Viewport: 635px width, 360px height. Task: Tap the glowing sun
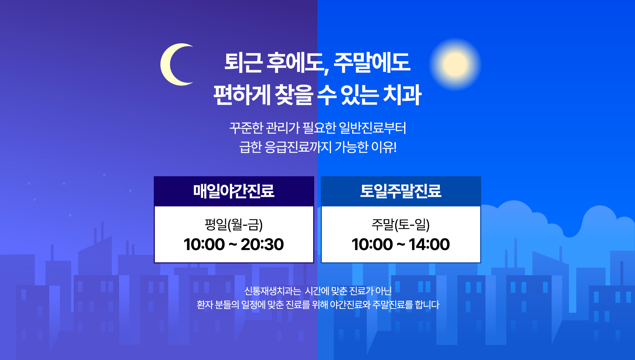click(x=455, y=64)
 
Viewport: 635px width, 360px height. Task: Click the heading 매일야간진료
click(x=234, y=191)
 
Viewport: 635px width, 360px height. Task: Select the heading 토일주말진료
click(x=401, y=191)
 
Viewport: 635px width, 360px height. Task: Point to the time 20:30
click(x=262, y=244)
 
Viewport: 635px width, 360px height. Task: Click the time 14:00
click(x=429, y=244)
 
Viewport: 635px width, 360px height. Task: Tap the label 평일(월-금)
click(x=234, y=224)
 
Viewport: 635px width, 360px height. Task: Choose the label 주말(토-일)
click(x=401, y=224)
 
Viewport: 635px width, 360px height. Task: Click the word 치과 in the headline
click(x=402, y=95)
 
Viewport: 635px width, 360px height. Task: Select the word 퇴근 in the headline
click(x=244, y=62)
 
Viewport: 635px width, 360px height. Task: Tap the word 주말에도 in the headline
click(x=372, y=62)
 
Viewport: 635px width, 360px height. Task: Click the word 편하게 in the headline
click(x=242, y=95)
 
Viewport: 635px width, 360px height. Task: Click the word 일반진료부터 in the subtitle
click(x=373, y=128)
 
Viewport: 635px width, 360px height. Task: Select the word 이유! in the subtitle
click(x=384, y=147)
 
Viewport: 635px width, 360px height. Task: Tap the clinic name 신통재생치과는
click(x=273, y=291)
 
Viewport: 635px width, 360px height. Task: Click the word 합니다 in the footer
click(x=427, y=304)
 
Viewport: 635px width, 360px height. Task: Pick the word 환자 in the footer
click(x=205, y=304)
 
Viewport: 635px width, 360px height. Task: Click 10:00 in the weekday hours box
click(x=204, y=244)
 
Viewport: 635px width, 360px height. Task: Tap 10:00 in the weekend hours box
click(x=372, y=244)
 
